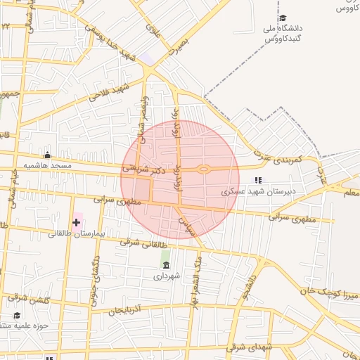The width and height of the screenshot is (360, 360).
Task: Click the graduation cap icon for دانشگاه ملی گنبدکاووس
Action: [x=283, y=18]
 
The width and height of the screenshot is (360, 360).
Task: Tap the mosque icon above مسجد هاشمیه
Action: [x=48, y=155]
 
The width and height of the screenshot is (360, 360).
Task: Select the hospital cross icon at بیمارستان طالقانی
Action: [x=76, y=222]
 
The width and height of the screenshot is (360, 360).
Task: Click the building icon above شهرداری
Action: [x=166, y=265]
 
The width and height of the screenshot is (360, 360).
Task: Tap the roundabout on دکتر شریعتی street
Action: [x=203, y=169]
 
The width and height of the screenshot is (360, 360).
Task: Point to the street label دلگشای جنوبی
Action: [x=94, y=280]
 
